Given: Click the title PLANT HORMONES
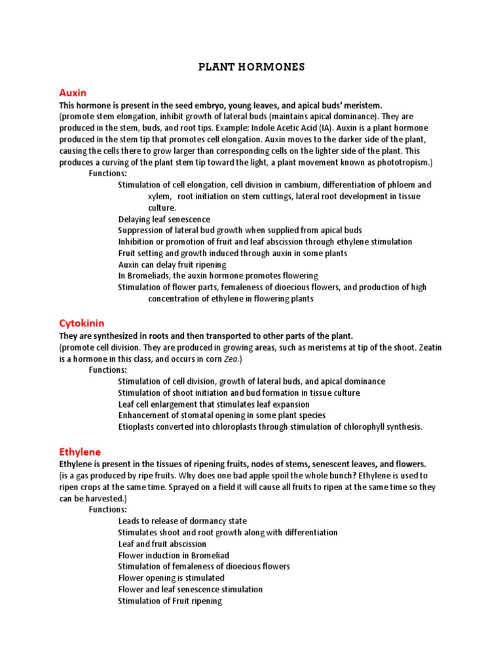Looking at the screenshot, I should (x=251, y=67).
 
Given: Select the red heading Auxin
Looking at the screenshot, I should (x=73, y=93).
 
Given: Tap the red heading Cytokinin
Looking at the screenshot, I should (x=82, y=324).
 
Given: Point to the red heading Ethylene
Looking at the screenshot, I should (x=80, y=451).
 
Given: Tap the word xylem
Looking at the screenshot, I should (x=159, y=196).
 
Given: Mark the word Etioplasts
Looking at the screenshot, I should (x=136, y=427).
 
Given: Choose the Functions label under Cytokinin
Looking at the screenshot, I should (x=108, y=370).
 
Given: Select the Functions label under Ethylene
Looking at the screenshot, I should (x=108, y=509).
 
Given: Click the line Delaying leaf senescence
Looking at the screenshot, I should (x=164, y=219).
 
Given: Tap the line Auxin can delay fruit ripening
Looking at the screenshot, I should (x=172, y=265).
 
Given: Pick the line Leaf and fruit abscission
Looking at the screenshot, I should (x=162, y=544).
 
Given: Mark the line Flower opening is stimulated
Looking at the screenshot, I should (x=171, y=578).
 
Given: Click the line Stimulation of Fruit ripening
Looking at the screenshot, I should (x=170, y=601).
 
